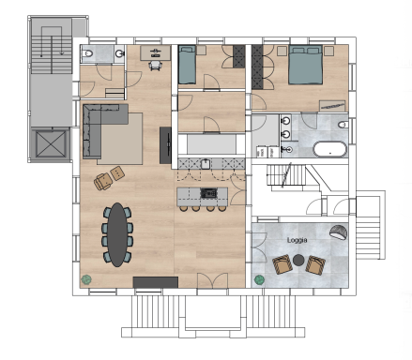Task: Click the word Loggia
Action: pyautogui.click(x=297, y=240)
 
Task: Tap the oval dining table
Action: pyautogui.click(x=117, y=234)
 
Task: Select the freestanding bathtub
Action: pyautogui.click(x=330, y=150)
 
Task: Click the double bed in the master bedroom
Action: pyautogui.click(x=305, y=65)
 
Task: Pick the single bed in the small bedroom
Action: pyautogui.click(x=187, y=65)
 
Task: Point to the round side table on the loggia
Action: pyautogui.click(x=298, y=260)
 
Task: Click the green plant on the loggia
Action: pyautogui.click(x=259, y=279)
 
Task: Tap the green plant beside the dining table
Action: pyautogui.click(x=86, y=279)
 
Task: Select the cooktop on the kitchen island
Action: pyautogui.click(x=208, y=193)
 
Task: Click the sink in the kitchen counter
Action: pyautogui.click(x=206, y=164)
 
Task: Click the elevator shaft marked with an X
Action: pyautogui.click(x=51, y=144)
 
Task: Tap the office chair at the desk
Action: pyautogui.click(x=156, y=65)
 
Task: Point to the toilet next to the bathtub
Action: pyautogui.click(x=343, y=125)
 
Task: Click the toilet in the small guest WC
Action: pyautogui.click(x=88, y=53)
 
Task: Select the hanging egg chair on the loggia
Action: pyautogui.click(x=339, y=232)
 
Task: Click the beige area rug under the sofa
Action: pyautogui.click(x=121, y=139)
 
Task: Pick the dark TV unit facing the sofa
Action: pyautogui.click(x=165, y=145)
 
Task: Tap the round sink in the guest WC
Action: pyautogui.click(x=120, y=53)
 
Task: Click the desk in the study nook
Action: pyautogui.click(x=156, y=52)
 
